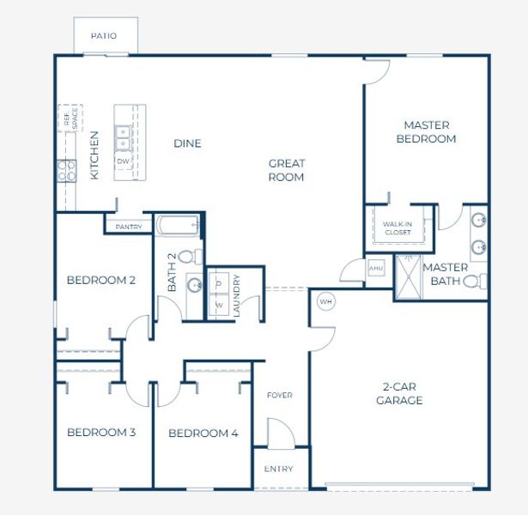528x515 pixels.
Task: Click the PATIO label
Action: click(x=103, y=36)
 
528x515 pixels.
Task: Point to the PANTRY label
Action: click(x=128, y=227)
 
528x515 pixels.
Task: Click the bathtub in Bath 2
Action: click(x=179, y=226)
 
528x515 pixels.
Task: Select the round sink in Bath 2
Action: click(x=193, y=285)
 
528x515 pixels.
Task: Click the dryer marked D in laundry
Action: click(x=218, y=282)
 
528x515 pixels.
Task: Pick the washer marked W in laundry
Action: click(x=218, y=305)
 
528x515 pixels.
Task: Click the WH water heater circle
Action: click(x=325, y=302)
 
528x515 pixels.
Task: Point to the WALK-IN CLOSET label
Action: click(x=398, y=227)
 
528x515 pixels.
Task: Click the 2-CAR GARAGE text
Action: click(x=399, y=394)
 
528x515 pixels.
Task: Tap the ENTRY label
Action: click(x=279, y=469)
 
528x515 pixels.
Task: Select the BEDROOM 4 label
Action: click(x=203, y=433)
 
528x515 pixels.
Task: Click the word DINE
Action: click(x=187, y=143)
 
